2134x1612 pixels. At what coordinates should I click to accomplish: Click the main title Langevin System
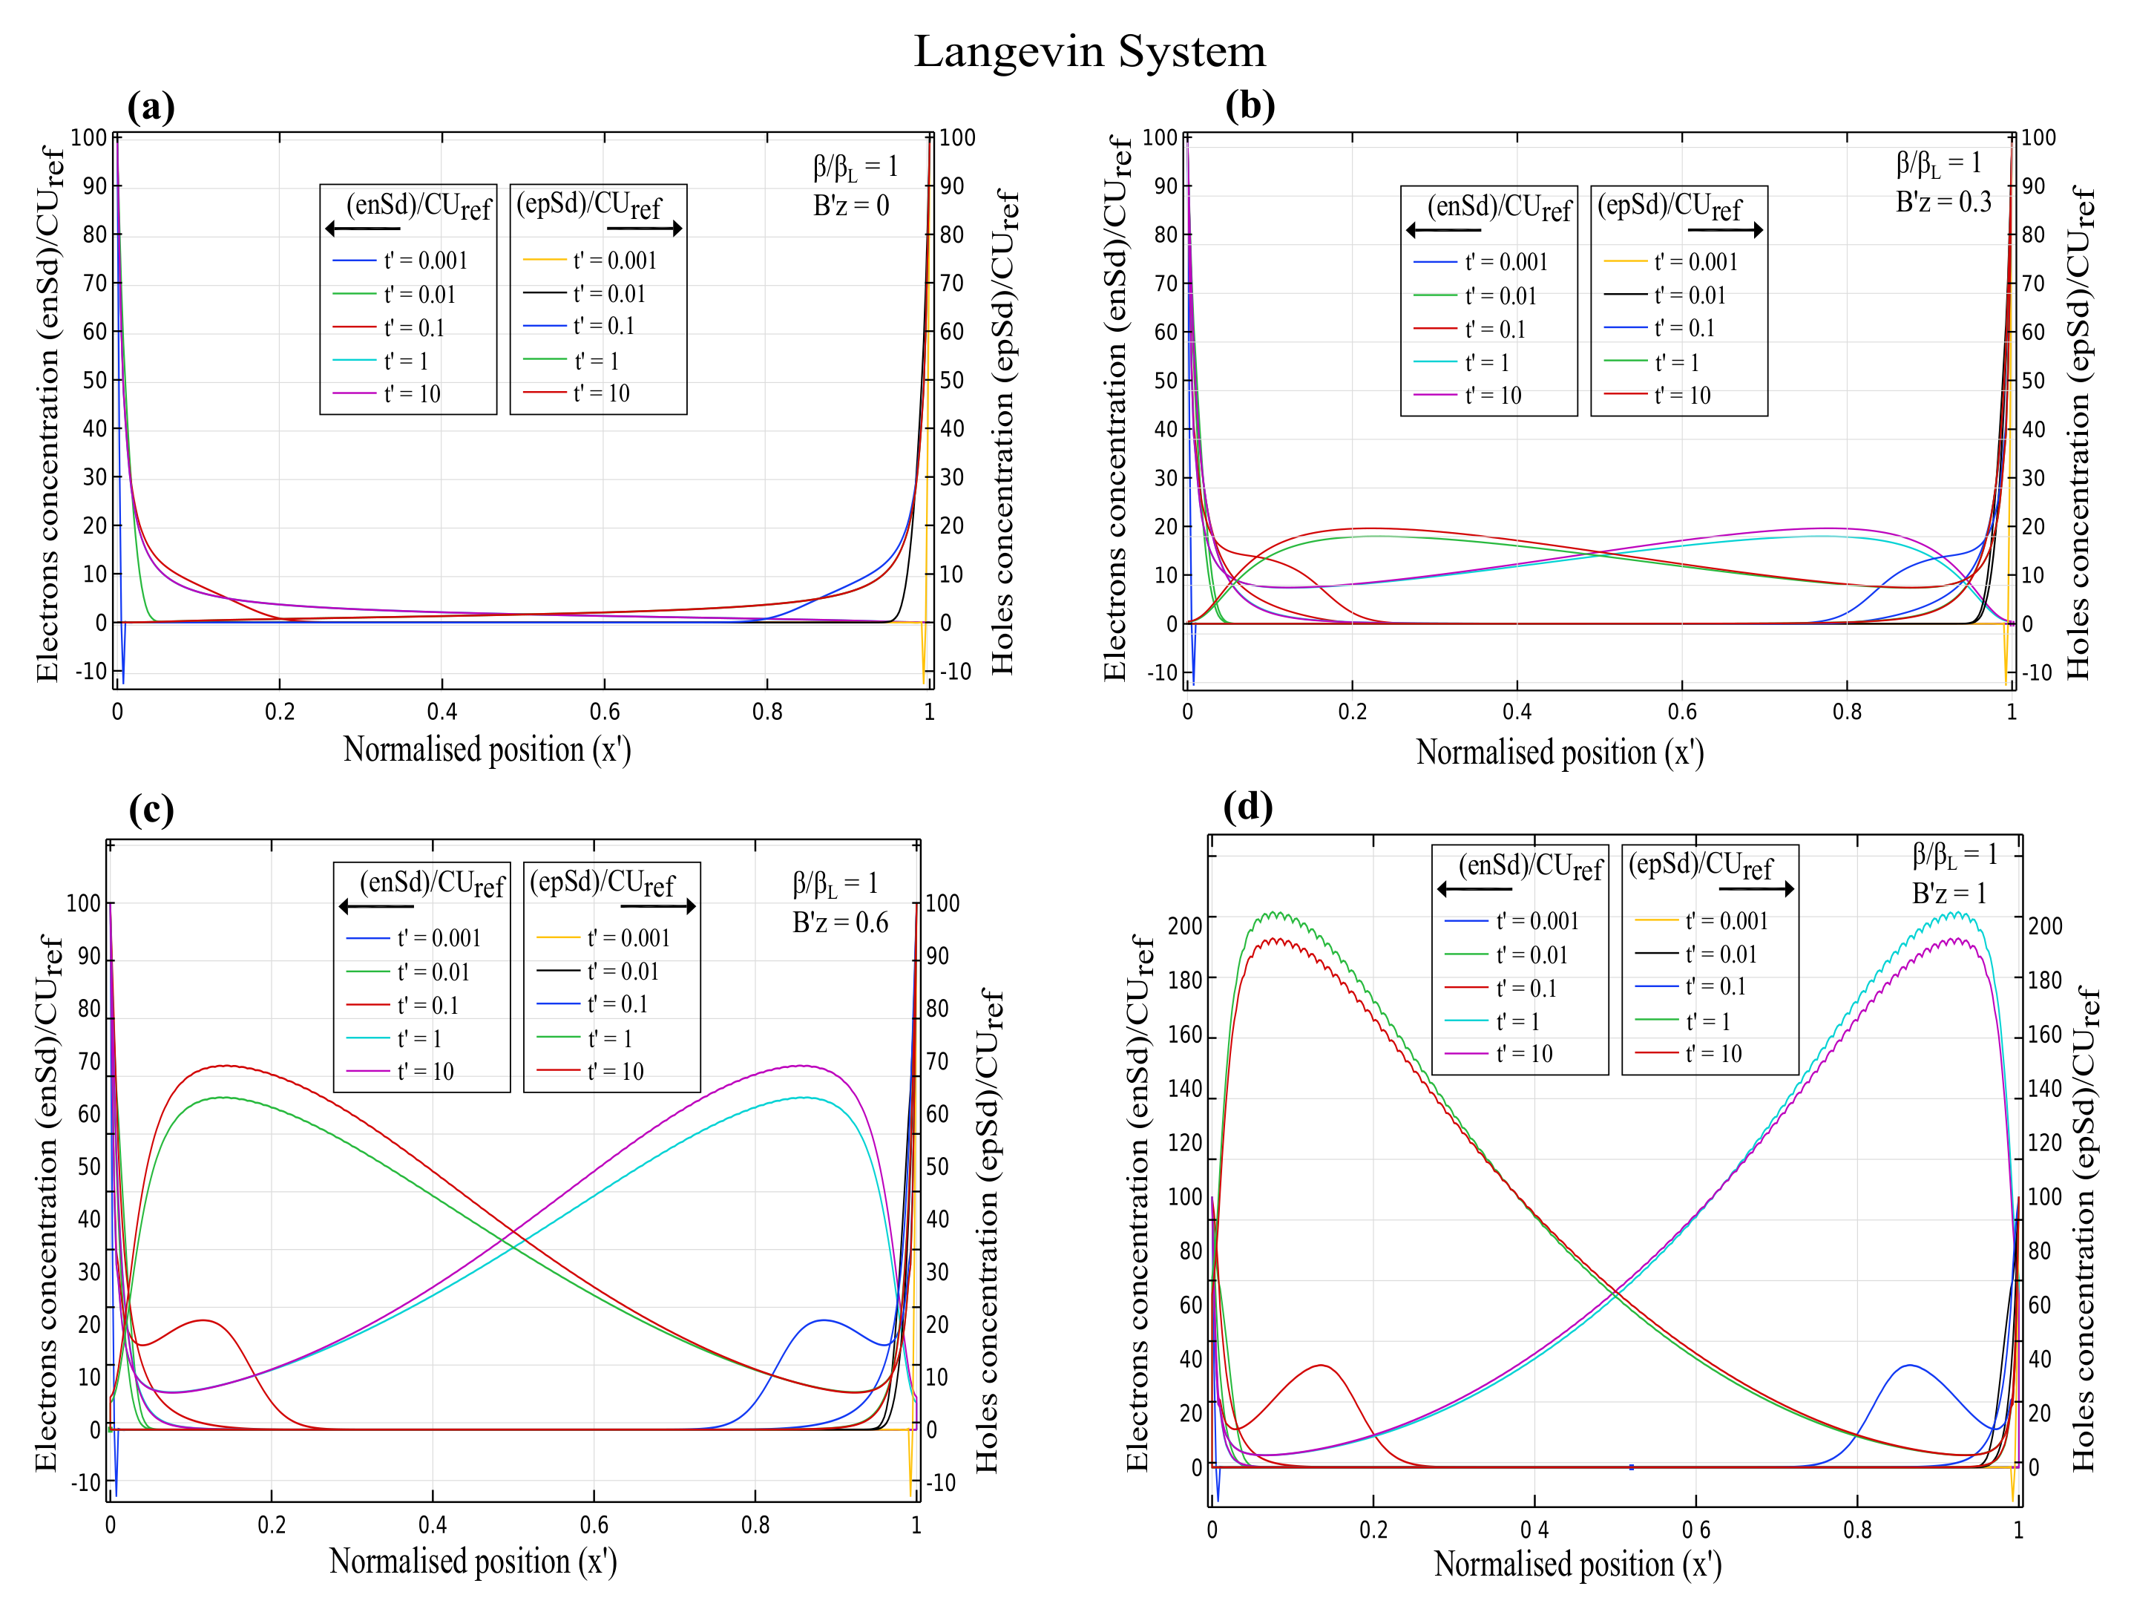click(1089, 51)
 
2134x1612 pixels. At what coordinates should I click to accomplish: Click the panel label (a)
click(151, 106)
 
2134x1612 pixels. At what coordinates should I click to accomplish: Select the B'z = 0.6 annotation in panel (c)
click(839, 923)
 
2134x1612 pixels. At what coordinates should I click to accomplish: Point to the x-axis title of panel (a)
click(487, 750)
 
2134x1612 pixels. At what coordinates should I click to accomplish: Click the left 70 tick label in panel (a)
click(93, 284)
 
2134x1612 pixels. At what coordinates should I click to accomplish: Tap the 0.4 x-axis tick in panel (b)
click(1517, 712)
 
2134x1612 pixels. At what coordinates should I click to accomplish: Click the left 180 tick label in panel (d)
click(1185, 980)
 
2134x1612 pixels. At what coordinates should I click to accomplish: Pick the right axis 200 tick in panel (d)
click(2045, 926)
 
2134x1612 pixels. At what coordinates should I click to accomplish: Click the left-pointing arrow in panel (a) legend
click(363, 229)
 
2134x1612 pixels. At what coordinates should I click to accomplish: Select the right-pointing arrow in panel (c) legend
click(658, 907)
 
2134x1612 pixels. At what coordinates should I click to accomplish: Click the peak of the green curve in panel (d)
click(1276, 913)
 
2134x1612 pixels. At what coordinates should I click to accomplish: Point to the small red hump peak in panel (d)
click(1321, 1365)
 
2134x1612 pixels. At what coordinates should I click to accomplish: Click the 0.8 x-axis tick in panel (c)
click(755, 1525)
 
